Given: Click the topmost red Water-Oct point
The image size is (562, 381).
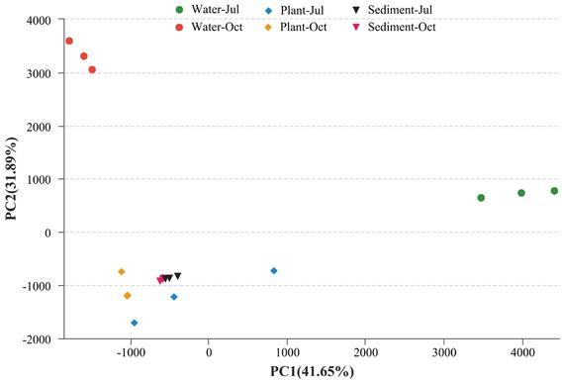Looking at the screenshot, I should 69,41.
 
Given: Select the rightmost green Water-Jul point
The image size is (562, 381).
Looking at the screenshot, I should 554,191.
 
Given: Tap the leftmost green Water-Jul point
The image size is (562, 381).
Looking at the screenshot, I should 481,198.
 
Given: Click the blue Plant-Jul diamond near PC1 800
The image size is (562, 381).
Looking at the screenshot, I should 274,271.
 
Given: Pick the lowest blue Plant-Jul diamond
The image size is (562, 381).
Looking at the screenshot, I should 135,323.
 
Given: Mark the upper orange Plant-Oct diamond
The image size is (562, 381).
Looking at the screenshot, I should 122,271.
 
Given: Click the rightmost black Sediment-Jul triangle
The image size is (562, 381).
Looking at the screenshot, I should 178,276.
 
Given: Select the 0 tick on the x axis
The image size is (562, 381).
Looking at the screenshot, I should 209,350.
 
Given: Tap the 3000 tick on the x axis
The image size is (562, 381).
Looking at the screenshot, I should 444,350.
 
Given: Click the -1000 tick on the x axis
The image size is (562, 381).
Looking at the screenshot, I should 130,350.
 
